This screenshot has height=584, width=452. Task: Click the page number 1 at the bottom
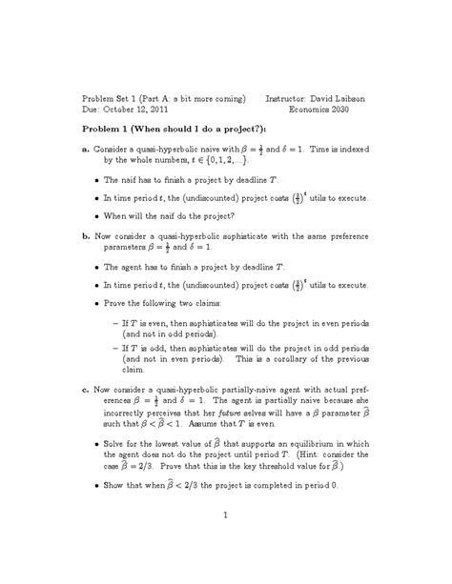(225, 516)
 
